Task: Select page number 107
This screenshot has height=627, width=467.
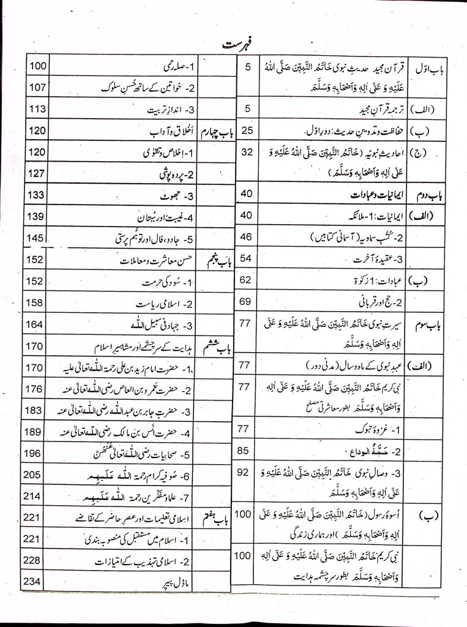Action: (35, 87)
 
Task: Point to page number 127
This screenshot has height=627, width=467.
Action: (35, 173)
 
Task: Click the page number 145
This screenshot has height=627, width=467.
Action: (35, 238)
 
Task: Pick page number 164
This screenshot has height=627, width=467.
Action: (35, 324)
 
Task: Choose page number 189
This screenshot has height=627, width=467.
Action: (35, 432)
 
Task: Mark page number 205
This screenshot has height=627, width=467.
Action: (35, 475)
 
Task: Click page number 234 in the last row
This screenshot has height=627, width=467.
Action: (35, 582)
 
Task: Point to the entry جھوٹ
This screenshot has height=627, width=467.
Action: (177, 196)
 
